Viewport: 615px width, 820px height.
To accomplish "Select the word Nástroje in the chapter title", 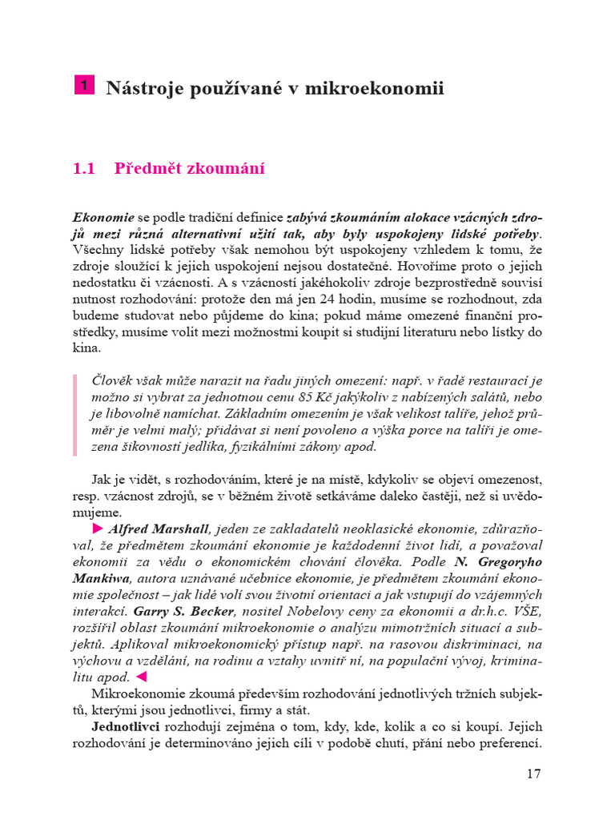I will pos(139,88).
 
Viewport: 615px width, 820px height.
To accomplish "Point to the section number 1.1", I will pos(83,169).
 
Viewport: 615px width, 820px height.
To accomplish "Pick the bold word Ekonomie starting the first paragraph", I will pos(103,216).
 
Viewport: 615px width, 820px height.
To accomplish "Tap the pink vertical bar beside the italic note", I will pos(75,414).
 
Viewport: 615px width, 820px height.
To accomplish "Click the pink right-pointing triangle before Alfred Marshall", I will pos(98,529).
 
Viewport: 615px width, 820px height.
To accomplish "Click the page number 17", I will pos(534,774).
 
